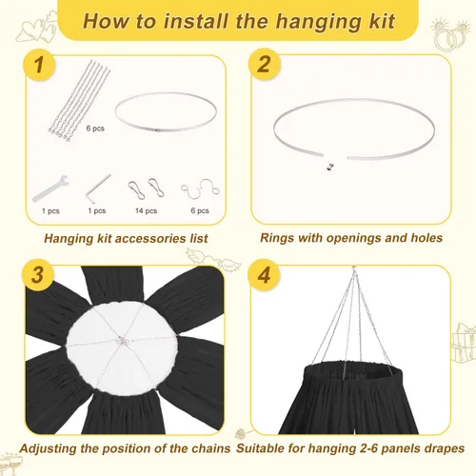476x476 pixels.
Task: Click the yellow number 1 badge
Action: tap(39, 65)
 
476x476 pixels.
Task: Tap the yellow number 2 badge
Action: tap(264, 65)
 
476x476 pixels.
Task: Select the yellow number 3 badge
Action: tap(38, 274)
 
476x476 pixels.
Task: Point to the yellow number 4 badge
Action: tap(264, 275)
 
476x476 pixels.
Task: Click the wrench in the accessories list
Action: tap(50, 188)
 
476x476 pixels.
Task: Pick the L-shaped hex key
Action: tap(98, 188)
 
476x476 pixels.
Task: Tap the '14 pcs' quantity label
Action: tap(146, 210)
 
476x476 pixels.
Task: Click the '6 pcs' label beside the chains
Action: tap(95, 129)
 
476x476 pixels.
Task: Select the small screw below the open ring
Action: tap(330, 167)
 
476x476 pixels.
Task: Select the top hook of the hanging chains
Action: tap(354, 269)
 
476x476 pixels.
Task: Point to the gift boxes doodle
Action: tap(464, 343)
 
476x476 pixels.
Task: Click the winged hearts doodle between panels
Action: tap(213, 259)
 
